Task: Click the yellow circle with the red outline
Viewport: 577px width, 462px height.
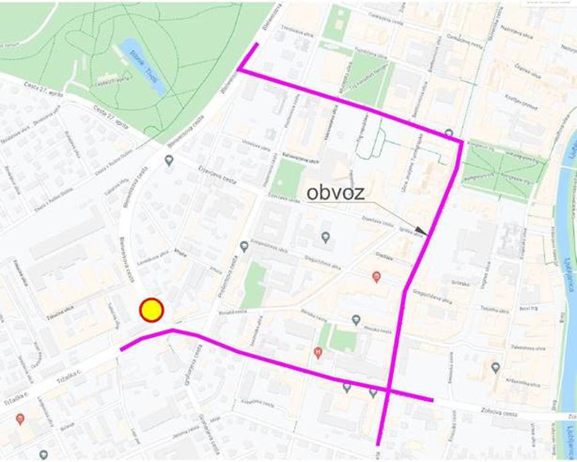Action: [x=151, y=310]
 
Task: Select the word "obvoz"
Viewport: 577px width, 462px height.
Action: [x=336, y=193]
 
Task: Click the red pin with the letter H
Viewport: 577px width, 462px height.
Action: [x=317, y=352]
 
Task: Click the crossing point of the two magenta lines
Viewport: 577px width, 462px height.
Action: [x=389, y=389]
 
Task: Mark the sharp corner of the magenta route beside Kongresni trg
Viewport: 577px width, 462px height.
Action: [x=461, y=142]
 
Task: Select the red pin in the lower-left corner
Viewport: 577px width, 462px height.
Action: [x=20, y=418]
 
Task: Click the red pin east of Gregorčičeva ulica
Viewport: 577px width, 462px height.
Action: [x=376, y=277]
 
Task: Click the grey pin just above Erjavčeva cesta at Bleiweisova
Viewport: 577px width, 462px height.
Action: [x=169, y=160]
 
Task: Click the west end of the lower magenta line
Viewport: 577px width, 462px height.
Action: [x=121, y=350]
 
